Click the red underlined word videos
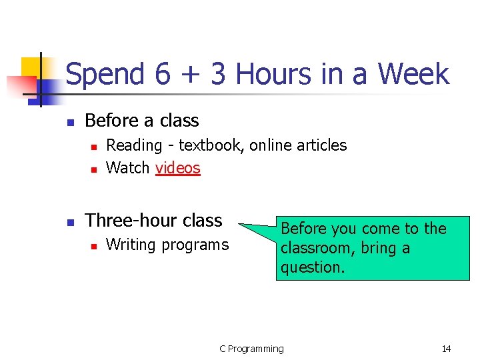(x=177, y=168)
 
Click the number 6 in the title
(x=163, y=74)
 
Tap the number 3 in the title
(x=218, y=74)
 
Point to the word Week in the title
(x=413, y=74)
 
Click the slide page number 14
(x=446, y=349)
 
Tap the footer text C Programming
(x=251, y=349)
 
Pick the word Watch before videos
(x=128, y=168)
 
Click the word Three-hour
(x=127, y=221)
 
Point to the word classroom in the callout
(x=312, y=249)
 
